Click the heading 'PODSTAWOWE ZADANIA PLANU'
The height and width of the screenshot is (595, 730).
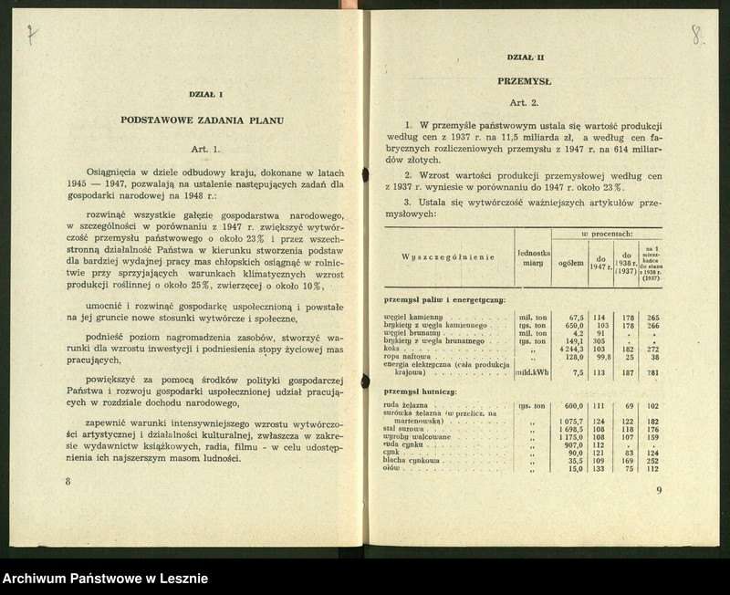(x=203, y=120)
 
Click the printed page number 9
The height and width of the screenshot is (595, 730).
(x=659, y=490)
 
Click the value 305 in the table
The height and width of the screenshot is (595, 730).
(x=597, y=340)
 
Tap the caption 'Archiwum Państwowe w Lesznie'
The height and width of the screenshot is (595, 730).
(x=105, y=578)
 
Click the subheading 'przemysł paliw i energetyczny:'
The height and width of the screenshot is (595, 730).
(x=443, y=299)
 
